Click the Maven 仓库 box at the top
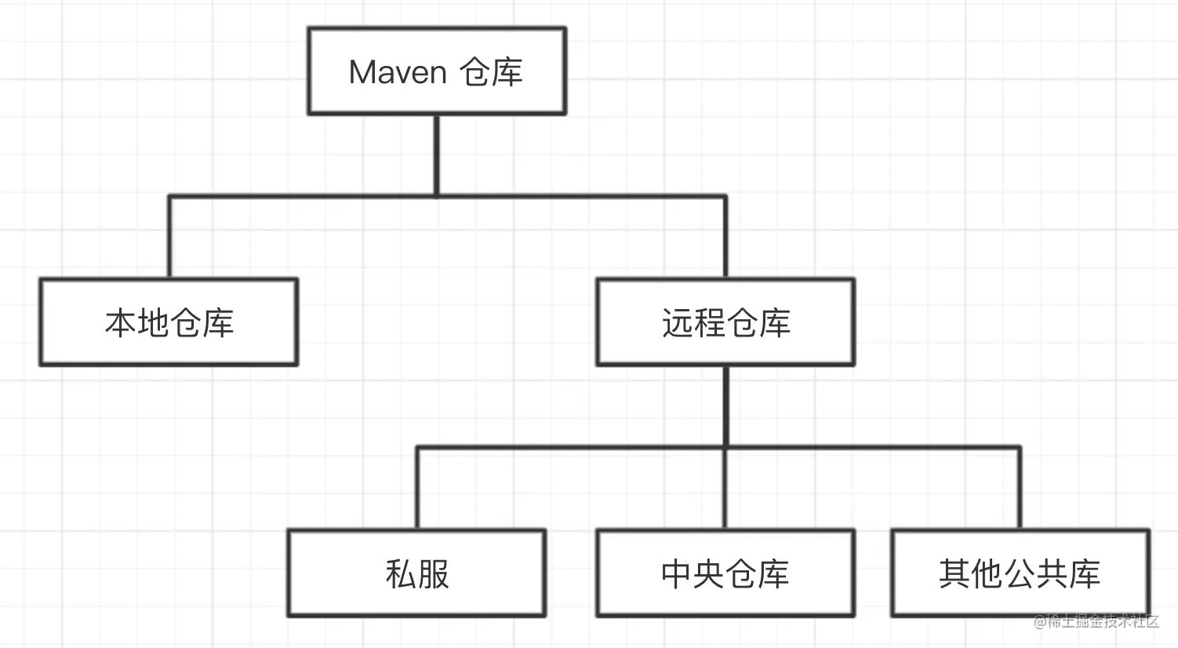coord(437,71)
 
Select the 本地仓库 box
coord(169,322)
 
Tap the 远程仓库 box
coord(725,322)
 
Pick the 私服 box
coord(417,573)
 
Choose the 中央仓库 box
coord(725,573)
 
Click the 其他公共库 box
coord(1021,573)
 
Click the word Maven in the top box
coord(398,72)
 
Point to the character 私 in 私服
coord(402,573)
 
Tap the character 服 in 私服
coord(434,573)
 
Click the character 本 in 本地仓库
coord(121,323)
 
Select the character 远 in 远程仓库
coord(678,323)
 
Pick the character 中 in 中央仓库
coord(677,573)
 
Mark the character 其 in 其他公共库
coord(955,573)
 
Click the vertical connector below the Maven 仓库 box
coord(437,155)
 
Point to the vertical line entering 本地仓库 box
coord(169,237)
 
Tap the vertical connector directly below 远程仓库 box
coord(725,406)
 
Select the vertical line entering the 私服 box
coord(417,488)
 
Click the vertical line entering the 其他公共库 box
coord(1020,488)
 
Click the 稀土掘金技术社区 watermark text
coord(1102,621)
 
